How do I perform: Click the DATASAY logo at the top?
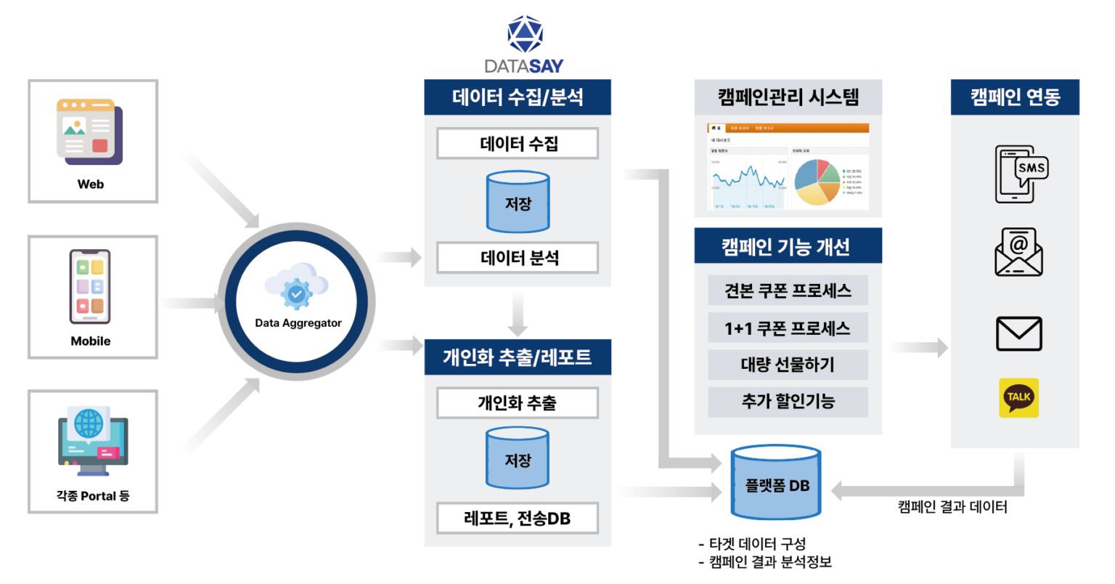[524, 45]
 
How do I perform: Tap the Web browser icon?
[90, 131]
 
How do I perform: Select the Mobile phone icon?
[90, 287]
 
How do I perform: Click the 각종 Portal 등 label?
[93, 496]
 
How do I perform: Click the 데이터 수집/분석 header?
[518, 97]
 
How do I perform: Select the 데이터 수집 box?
[518, 144]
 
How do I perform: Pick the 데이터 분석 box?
[518, 258]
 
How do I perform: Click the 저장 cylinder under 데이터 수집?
[518, 202]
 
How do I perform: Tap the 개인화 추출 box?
[518, 403]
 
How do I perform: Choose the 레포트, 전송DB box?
[518, 518]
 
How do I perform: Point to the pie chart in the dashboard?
[817, 181]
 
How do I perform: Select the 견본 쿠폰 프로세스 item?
[788, 291]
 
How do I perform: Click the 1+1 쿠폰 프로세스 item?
[788, 328]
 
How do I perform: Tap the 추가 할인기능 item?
[788, 402]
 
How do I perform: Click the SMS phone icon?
[1020, 174]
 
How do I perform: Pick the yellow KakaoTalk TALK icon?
[1018, 397]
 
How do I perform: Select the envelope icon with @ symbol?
[1018, 252]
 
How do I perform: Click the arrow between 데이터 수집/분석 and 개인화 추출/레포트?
[518, 313]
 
